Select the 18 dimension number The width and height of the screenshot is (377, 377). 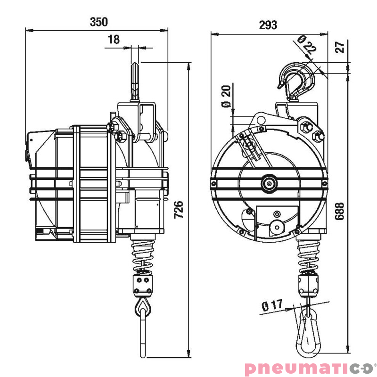coord(114,40)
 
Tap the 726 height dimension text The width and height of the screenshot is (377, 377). coord(179,209)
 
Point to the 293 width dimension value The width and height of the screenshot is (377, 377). coord(268,25)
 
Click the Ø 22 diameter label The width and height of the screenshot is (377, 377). coord(308,44)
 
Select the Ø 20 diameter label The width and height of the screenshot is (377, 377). coord(226,96)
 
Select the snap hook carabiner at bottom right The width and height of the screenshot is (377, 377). coord(308,332)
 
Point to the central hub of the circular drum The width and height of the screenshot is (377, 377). coord(269,183)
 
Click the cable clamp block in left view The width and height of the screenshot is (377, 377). coord(143,285)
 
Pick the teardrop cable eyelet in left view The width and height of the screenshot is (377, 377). coord(143,308)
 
